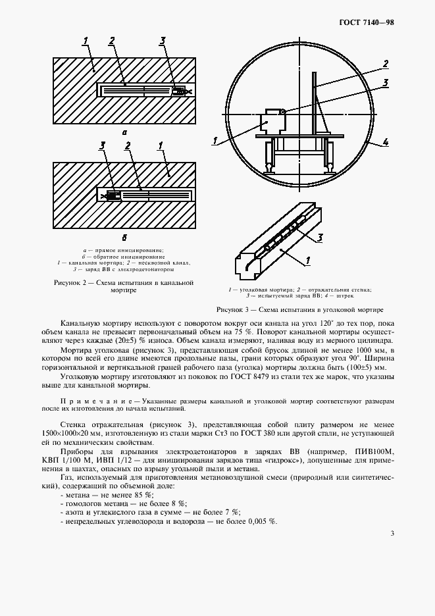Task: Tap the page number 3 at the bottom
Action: pos(392,533)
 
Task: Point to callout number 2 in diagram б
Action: pos(127,145)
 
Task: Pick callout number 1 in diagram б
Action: pos(160,145)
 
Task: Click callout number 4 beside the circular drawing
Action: pos(387,141)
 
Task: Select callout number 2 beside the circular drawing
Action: pos(386,64)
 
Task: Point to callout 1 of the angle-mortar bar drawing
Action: pos(308,262)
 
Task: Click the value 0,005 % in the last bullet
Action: pos(263,521)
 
